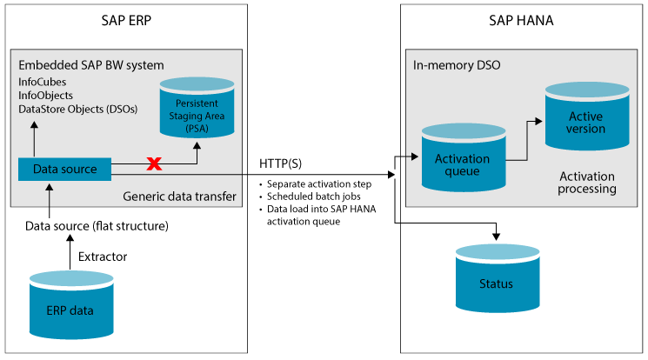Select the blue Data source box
click(59, 168)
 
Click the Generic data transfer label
click(179, 197)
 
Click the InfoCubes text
click(43, 82)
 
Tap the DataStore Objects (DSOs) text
click(77, 109)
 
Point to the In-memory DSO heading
click(457, 65)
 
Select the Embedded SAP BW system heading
click(91, 65)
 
